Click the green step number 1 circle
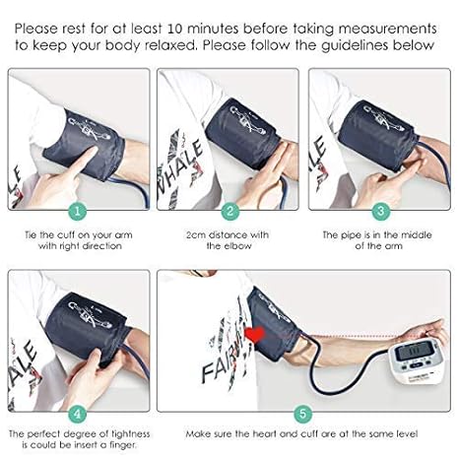coord(78,211)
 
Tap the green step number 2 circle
coord(229,211)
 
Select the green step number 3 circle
coord(381,211)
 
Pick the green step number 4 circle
coord(78,414)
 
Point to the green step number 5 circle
coord(302,414)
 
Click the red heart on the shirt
coord(254,335)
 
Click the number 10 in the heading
coord(175,29)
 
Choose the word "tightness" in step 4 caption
coord(131,434)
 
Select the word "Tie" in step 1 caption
coord(31,235)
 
